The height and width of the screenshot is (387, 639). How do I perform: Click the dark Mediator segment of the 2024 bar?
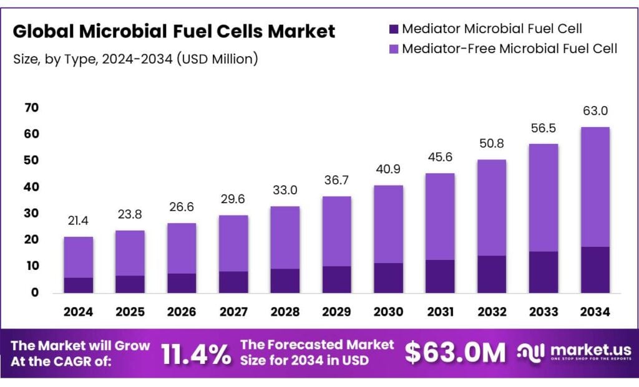pos(78,285)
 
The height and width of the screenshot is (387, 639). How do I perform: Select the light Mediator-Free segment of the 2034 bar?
pos(595,187)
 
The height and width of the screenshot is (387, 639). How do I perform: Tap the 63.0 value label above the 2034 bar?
pos(595,111)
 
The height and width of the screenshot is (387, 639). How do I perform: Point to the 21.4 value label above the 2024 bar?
pos(78,221)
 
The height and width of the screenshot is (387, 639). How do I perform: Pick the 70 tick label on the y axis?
pos(31,108)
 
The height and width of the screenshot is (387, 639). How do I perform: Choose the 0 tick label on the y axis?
pos(35,292)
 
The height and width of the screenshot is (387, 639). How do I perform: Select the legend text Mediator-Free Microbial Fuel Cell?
pos(509,48)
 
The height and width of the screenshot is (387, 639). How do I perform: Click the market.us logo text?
pos(590,350)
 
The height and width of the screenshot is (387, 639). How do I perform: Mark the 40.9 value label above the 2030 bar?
pos(388,169)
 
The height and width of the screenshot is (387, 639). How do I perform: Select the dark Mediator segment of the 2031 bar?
pos(440,276)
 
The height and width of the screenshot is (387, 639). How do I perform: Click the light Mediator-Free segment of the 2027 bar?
pos(233,243)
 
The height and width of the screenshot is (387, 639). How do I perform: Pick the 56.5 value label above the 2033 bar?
pos(543,128)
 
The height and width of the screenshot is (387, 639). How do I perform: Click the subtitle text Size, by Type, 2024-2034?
pos(100,59)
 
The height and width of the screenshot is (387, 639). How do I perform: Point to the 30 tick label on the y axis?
pos(31,213)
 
